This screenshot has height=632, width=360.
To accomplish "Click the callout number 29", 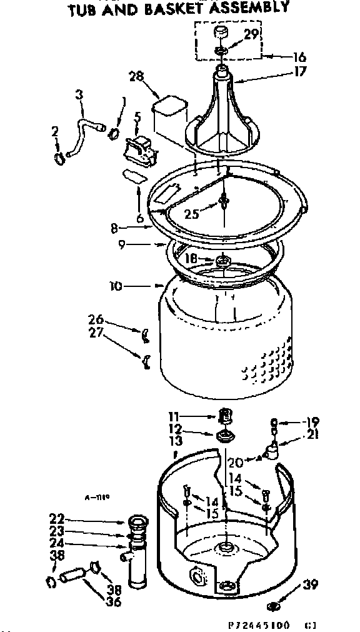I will point(251,35).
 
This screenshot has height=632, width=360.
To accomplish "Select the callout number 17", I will point(301,71).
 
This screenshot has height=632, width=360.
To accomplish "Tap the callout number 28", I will point(135,76).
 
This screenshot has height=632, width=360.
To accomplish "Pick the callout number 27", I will point(96,332).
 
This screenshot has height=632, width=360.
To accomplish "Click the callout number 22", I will point(57,518).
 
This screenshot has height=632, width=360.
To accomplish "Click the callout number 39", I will point(310,585).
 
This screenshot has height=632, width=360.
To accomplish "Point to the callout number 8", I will point(114,228).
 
